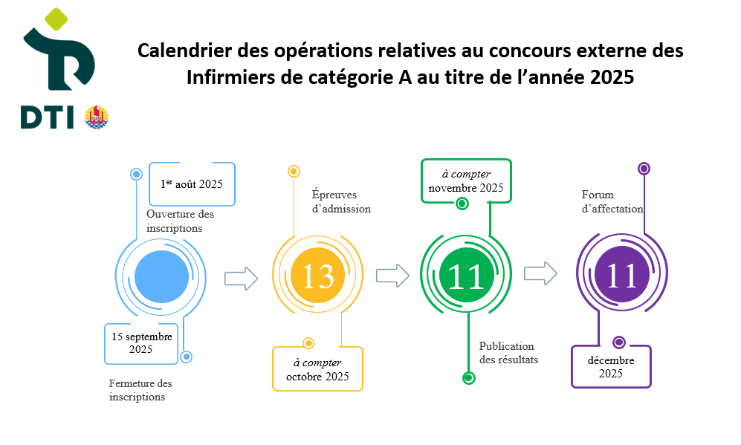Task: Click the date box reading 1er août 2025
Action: tap(192, 183)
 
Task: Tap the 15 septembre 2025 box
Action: tap(141, 343)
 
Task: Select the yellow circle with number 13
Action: tap(318, 276)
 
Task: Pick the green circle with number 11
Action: tap(467, 276)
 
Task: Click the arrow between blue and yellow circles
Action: tap(241, 279)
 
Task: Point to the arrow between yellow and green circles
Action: tap(392, 276)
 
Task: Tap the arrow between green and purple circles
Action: tap(540, 273)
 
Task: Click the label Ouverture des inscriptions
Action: tap(180, 221)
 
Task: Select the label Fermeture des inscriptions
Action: tap(140, 390)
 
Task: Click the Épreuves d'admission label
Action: tap(341, 201)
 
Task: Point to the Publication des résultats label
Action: tap(508, 353)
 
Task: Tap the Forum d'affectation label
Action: tap(612, 201)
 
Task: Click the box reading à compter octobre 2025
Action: tap(317, 369)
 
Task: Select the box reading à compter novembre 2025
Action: tap(466, 181)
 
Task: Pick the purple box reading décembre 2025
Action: tap(610, 366)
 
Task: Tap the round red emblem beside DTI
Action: tap(97, 117)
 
